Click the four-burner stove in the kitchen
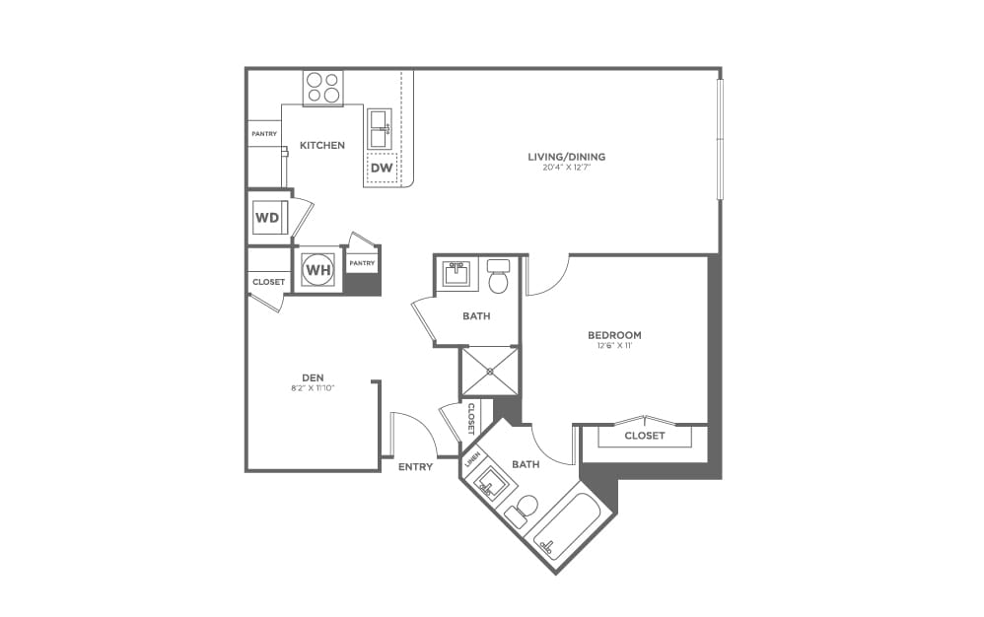coord(322,88)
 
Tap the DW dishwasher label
coord(382,169)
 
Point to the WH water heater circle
coord(317,269)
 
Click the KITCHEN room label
coord(322,146)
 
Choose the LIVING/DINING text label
coord(566,157)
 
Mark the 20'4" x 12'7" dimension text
coord(566,168)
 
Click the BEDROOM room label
coord(613,335)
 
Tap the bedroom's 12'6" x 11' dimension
coord(613,346)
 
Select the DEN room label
coord(313,377)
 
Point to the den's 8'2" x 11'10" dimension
coord(313,387)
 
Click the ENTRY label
coord(415,467)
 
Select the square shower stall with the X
coord(489,371)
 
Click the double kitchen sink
coord(381,128)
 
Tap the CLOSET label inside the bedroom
coord(645,436)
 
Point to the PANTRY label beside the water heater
coord(362,263)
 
